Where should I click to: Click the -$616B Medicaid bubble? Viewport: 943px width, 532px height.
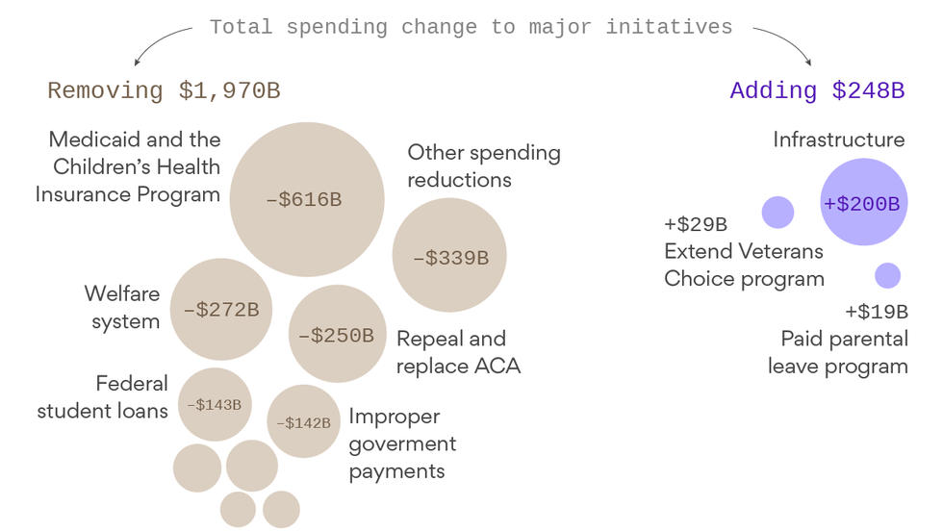click(306, 200)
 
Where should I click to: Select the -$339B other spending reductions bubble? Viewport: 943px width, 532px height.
click(449, 257)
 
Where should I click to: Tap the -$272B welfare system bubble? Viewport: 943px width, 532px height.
click(220, 310)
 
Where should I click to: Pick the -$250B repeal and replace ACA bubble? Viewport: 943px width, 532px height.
click(337, 335)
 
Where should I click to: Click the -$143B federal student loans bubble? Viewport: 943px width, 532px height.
click(215, 404)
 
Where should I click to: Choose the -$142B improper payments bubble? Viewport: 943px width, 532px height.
click(303, 421)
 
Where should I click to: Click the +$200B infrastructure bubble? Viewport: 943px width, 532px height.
click(863, 203)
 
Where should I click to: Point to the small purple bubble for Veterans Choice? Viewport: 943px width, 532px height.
click(777, 212)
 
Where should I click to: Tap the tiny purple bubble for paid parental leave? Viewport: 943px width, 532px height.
click(887, 276)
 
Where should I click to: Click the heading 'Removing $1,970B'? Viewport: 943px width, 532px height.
click(164, 91)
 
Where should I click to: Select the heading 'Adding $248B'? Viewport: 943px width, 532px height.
click(817, 91)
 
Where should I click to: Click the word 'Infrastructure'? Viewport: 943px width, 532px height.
click(839, 140)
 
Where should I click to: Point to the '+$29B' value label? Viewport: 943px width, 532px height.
click(696, 225)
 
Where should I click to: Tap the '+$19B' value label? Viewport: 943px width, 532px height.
click(877, 312)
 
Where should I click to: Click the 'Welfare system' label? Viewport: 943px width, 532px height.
click(122, 308)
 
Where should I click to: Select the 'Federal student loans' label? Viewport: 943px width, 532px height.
click(103, 397)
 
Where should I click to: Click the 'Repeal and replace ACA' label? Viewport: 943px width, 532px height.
click(458, 352)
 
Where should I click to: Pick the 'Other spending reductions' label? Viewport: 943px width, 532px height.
click(483, 165)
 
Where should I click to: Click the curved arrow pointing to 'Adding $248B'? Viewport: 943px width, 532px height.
click(784, 43)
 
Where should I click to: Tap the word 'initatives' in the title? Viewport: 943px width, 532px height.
click(669, 27)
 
